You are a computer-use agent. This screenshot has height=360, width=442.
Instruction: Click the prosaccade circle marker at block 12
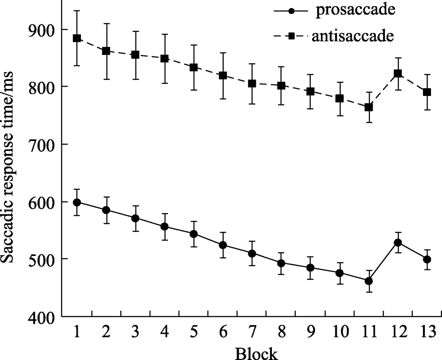click(x=398, y=243)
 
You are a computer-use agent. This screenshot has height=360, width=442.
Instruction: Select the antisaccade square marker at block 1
click(x=77, y=38)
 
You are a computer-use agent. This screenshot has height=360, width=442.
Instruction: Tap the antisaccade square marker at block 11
click(x=369, y=107)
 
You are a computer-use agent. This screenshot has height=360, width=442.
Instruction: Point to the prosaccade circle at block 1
click(x=77, y=202)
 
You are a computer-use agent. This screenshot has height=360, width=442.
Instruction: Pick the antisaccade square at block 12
click(x=398, y=73)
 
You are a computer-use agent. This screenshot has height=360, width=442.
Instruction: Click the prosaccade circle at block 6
click(x=223, y=245)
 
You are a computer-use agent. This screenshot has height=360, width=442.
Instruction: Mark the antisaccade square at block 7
click(x=252, y=84)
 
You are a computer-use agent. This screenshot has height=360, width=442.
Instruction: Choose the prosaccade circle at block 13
click(x=427, y=259)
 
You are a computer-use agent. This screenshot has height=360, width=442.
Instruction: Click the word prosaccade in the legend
click(x=354, y=11)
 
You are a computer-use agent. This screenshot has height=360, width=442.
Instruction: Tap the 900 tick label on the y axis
click(x=41, y=30)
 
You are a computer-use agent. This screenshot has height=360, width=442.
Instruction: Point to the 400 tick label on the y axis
click(x=41, y=317)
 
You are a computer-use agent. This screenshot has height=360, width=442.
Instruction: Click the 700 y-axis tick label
click(x=41, y=144)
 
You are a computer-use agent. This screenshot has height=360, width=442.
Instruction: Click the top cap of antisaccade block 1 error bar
click(x=77, y=11)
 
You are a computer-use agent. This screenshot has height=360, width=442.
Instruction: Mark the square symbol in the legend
click(x=292, y=36)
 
